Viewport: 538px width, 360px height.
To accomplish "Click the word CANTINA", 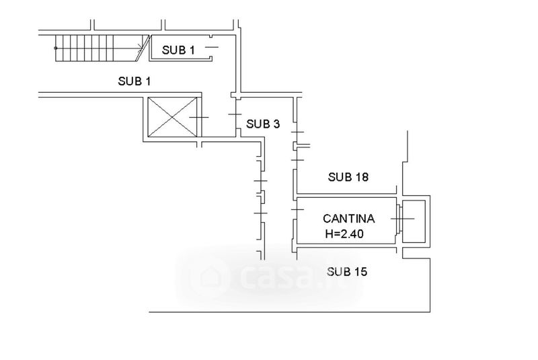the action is (x=348, y=219).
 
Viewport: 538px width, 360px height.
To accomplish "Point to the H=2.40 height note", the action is (x=344, y=234).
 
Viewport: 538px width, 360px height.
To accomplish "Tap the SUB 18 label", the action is (x=348, y=177).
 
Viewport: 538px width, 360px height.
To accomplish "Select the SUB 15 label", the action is (x=347, y=272).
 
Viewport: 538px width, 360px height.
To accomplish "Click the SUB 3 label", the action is (x=263, y=124).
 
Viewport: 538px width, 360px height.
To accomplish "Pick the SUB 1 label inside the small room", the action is (x=178, y=50).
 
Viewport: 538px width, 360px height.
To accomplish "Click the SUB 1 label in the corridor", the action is (x=134, y=81).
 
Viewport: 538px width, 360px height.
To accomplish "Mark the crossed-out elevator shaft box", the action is (x=172, y=117).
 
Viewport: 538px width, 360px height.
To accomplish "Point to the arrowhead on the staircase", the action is (x=140, y=48).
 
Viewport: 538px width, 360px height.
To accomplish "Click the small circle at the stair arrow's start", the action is (x=56, y=48).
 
